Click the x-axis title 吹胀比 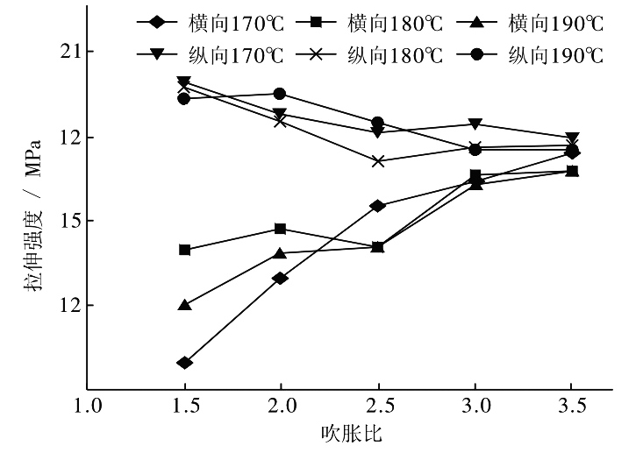pos(351,434)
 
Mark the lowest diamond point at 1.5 pos(184,363)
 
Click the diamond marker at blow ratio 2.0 pos(280,279)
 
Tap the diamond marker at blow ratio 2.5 pos(377,206)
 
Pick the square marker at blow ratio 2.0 pos(280,229)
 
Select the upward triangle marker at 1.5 pos(184,305)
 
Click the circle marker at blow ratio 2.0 pos(280,94)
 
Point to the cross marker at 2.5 pos(377,161)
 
